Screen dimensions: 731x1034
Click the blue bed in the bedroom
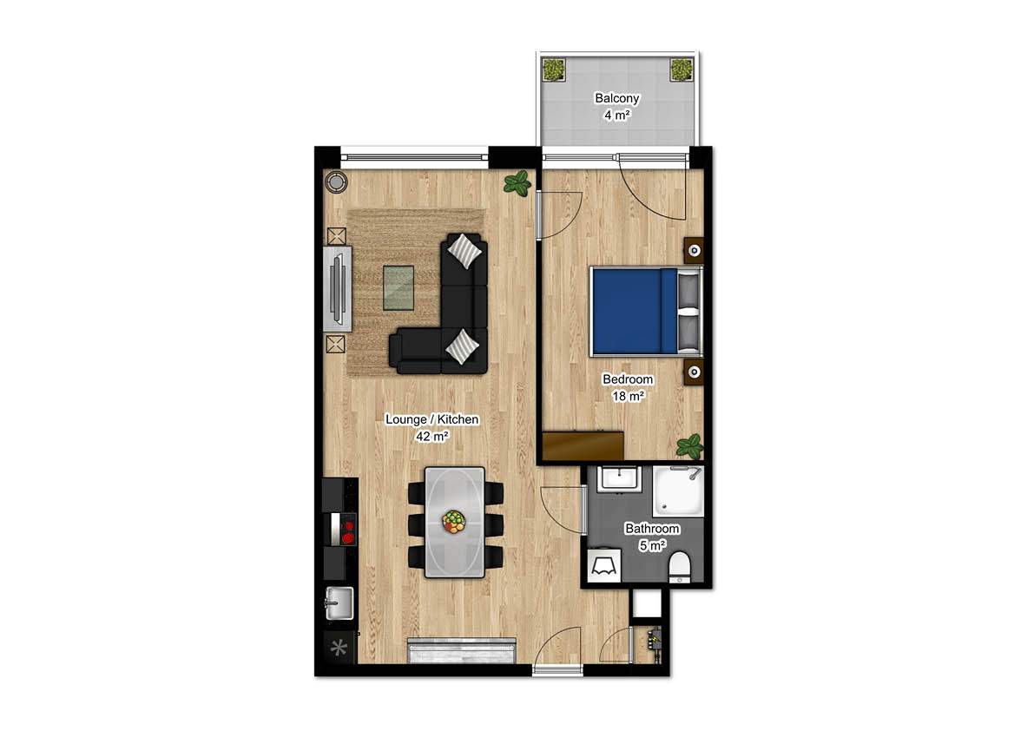(634, 311)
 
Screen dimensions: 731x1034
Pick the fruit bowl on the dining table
(453, 521)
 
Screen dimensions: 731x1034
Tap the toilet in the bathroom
(680, 566)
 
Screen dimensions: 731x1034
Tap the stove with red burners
(345, 528)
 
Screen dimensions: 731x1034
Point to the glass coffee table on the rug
(399, 286)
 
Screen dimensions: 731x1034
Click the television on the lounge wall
(339, 288)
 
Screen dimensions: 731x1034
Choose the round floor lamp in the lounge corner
(336, 181)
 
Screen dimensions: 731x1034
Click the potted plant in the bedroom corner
(690, 446)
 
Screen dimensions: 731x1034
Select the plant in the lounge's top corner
(518, 183)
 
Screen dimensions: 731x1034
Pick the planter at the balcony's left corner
(553, 68)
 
